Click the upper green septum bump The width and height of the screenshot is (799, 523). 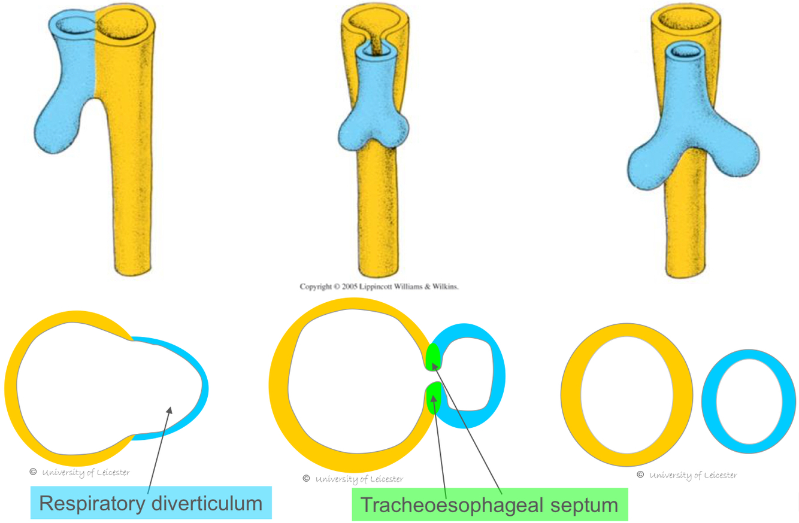tap(433, 358)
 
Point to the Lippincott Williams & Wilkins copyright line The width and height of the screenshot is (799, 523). tap(379, 287)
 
